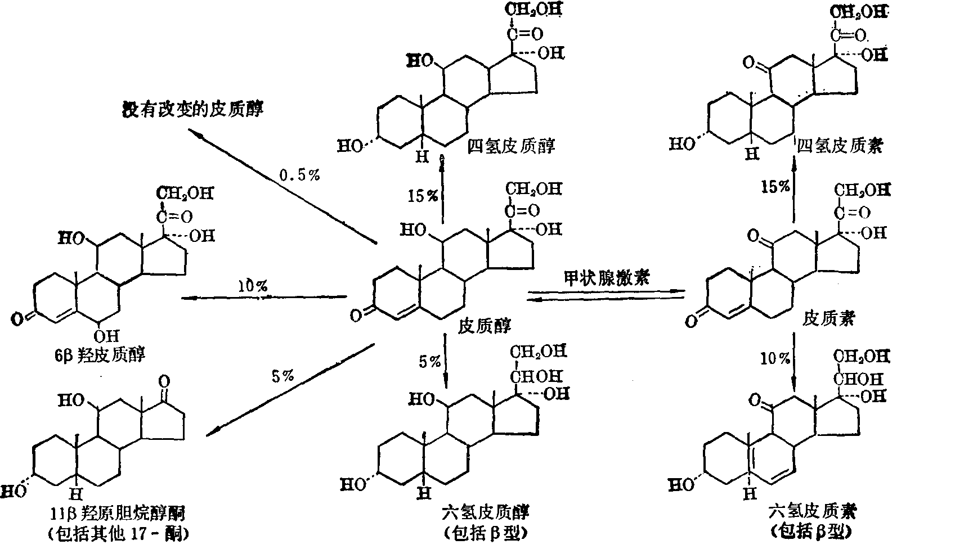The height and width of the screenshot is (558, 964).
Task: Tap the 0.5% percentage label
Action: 299,175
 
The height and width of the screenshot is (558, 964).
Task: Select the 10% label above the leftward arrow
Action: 252,286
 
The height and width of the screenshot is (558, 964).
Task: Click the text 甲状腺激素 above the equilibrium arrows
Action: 606,278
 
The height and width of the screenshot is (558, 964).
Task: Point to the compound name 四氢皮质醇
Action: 511,146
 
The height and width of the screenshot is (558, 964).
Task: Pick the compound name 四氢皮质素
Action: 840,146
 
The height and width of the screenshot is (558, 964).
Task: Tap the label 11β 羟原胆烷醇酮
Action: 118,513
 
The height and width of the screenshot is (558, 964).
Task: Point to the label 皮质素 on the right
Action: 828,319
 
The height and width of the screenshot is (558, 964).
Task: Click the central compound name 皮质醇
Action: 486,325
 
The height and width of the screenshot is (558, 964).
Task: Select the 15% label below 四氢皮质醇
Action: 424,196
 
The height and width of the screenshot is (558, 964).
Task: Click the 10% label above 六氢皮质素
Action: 775,358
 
